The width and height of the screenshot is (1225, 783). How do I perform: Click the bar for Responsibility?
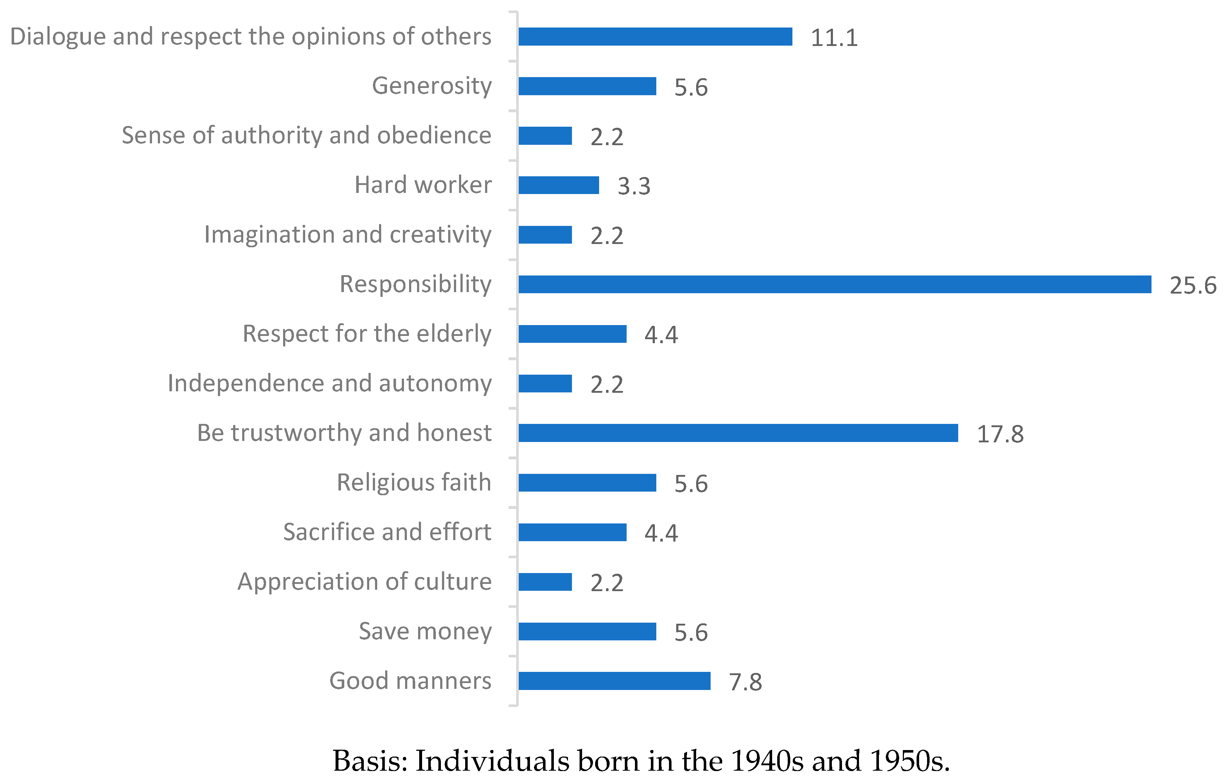[x=834, y=285]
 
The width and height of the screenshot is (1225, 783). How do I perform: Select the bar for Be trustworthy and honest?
[x=738, y=433]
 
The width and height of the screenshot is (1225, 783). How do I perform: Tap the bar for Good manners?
[x=614, y=681]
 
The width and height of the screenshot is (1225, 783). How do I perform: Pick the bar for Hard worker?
[x=559, y=185]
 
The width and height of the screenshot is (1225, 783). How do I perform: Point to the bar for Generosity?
[x=587, y=86]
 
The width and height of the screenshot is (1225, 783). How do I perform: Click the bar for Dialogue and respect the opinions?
[x=655, y=37]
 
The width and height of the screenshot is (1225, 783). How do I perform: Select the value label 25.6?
[x=1192, y=285]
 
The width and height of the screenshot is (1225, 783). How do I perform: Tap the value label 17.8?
[x=999, y=434]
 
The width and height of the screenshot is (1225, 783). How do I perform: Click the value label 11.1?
[x=834, y=38]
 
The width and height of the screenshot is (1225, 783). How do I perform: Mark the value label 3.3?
[x=634, y=186]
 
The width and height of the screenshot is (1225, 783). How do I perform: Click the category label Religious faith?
[x=414, y=482]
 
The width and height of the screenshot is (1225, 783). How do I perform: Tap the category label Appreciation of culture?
[x=364, y=581]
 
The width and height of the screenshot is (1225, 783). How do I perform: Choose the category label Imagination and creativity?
[x=348, y=235]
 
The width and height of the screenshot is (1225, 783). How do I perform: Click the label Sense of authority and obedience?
[x=306, y=135]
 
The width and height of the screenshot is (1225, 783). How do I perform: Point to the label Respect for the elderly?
[x=367, y=334]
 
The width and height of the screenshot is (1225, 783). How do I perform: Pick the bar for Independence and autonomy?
[x=545, y=384]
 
